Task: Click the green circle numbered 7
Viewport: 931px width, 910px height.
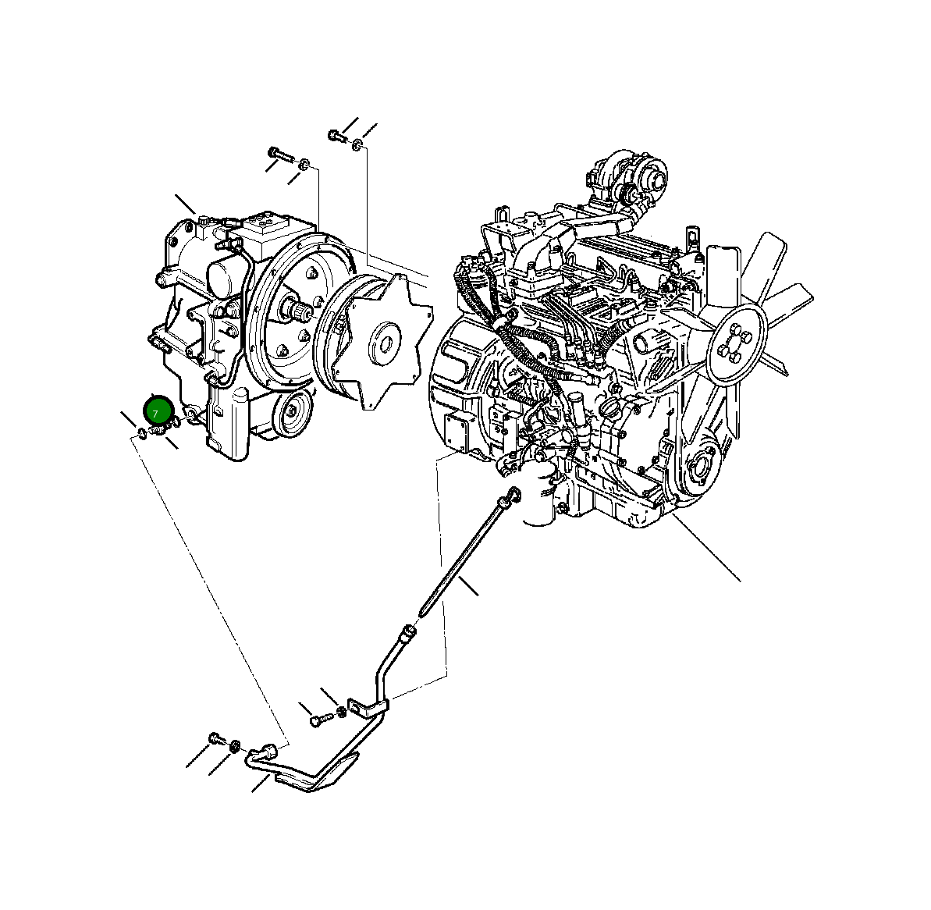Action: (x=156, y=411)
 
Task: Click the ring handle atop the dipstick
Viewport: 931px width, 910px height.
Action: (x=513, y=494)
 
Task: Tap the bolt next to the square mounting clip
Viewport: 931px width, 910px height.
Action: (x=316, y=719)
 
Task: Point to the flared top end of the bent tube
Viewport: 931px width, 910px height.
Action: (x=406, y=634)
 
